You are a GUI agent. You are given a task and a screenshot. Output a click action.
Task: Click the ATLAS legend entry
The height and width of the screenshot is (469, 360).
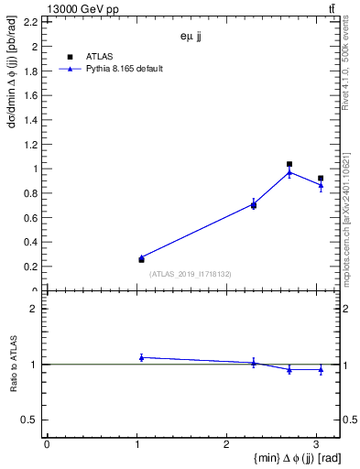click(x=99, y=57)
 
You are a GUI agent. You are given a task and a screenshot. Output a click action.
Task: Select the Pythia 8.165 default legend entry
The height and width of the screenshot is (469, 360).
click(x=125, y=69)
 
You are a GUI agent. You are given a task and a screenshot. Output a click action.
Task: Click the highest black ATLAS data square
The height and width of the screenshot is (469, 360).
click(x=289, y=165)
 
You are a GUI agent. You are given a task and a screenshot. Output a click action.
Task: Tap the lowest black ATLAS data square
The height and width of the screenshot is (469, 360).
click(x=141, y=260)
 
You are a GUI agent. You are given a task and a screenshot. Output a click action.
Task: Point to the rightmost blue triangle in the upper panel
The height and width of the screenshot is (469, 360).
click(x=321, y=185)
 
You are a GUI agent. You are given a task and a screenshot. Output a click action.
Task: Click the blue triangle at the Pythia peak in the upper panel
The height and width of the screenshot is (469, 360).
click(x=289, y=172)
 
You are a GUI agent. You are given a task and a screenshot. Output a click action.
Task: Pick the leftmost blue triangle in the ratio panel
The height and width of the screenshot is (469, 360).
click(x=141, y=357)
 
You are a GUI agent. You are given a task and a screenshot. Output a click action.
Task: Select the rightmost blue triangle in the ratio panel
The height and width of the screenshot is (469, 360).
click(x=321, y=369)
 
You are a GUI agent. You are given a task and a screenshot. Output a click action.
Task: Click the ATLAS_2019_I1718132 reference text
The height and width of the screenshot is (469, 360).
click(x=191, y=274)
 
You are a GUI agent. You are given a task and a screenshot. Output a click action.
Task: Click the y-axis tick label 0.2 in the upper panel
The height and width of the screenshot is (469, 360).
click(x=30, y=267)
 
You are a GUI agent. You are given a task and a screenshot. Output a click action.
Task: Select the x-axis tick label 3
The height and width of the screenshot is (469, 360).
click(x=316, y=443)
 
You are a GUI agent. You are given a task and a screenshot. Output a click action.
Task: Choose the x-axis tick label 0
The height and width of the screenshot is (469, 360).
click(x=47, y=443)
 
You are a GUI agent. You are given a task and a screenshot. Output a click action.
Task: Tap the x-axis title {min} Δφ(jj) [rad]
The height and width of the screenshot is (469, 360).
click(x=286, y=458)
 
